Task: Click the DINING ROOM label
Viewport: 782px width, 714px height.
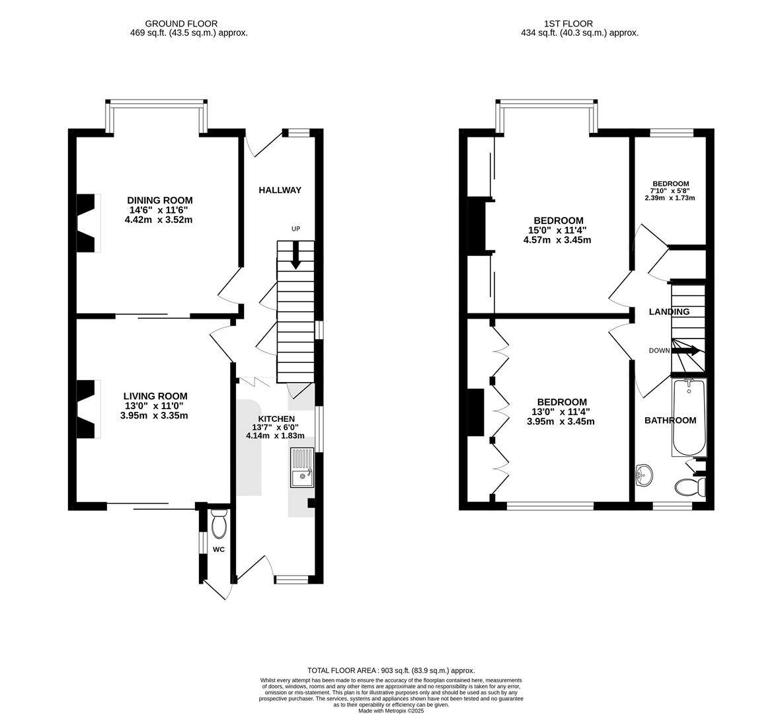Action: click(x=159, y=200)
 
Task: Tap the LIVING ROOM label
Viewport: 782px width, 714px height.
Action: click(x=154, y=396)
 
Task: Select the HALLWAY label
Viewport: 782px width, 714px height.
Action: click(x=280, y=190)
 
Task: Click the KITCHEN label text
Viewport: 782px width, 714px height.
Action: click(x=276, y=419)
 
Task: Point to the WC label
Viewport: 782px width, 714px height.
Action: click(x=219, y=549)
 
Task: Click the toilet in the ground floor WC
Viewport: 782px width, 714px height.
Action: click(x=219, y=525)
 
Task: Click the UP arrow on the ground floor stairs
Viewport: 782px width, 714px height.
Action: click(x=295, y=255)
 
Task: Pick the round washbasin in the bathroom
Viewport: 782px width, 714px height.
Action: click(x=644, y=474)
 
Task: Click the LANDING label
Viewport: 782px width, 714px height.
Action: click(x=669, y=312)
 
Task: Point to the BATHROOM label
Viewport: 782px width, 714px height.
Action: click(x=670, y=420)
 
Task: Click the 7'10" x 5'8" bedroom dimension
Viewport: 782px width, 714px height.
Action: click(x=670, y=191)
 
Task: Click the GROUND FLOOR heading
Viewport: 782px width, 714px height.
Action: click(x=181, y=24)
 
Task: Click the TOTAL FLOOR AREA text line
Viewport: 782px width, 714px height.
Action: click(x=391, y=670)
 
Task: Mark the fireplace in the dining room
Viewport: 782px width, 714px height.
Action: click(x=89, y=223)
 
